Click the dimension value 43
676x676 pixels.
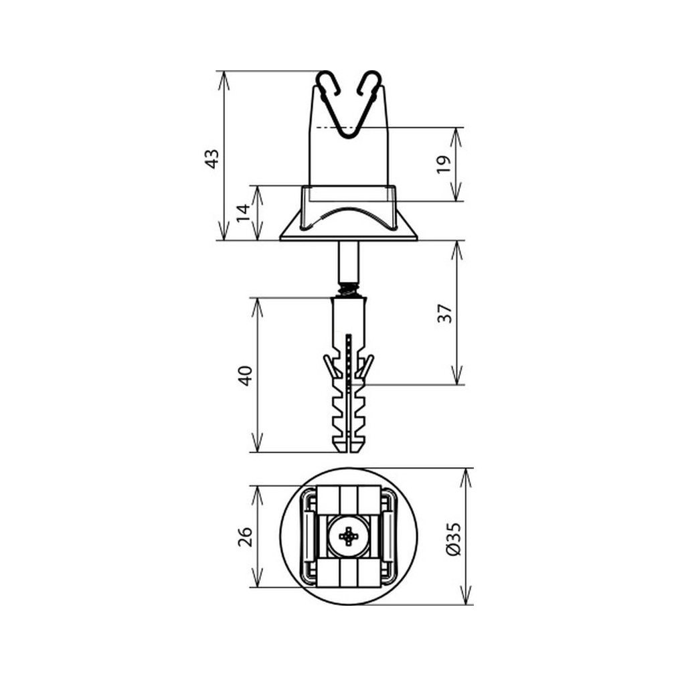(212, 159)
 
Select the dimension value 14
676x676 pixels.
(244, 213)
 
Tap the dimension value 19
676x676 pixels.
(444, 164)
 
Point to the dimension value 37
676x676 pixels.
(444, 313)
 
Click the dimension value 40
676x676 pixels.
(245, 375)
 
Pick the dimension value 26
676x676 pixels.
(245, 536)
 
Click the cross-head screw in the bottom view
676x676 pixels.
(348, 536)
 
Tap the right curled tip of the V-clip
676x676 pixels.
(370, 83)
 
